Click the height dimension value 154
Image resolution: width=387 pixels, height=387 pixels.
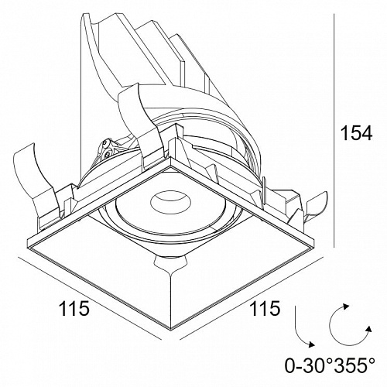(x=357, y=133)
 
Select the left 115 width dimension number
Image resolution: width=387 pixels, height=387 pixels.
(x=74, y=308)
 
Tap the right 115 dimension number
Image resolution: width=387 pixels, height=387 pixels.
(x=265, y=308)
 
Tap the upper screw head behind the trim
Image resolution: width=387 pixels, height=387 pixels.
(x=105, y=143)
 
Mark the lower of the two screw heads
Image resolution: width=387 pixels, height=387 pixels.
(x=107, y=154)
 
